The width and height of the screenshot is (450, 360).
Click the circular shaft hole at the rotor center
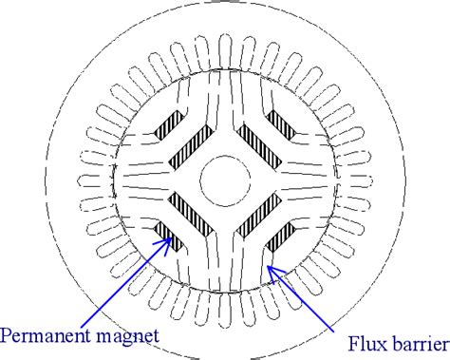(225, 177)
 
